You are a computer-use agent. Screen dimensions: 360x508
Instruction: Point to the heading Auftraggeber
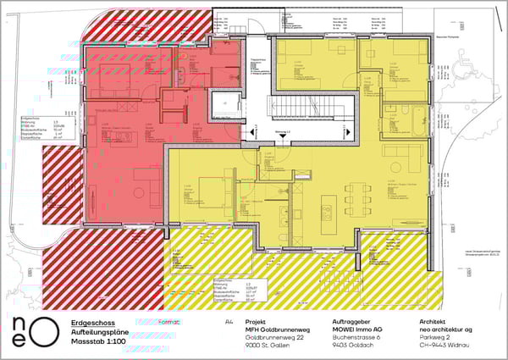(x=351, y=323)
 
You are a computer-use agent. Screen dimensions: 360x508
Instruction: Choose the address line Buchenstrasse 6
(x=356, y=336)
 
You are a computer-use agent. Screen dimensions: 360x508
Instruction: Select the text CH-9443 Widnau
(x=445, y=344)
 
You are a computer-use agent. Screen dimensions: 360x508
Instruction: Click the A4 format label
(x=228, y=323)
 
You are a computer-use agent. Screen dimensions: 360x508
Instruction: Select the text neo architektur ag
(x=447, y=330)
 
